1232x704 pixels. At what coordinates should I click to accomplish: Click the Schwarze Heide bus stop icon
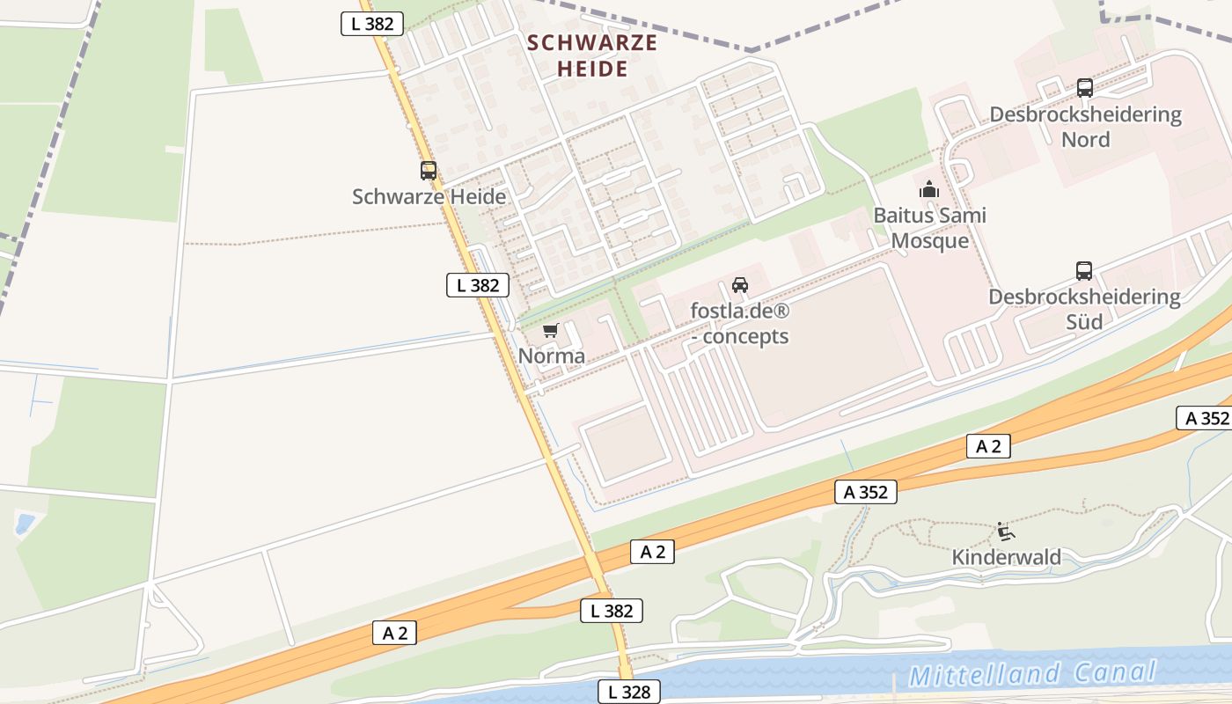pos(429,171)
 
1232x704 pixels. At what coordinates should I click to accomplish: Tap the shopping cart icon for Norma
pos(551,331)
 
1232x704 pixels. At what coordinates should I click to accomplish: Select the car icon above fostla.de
pos(740,285)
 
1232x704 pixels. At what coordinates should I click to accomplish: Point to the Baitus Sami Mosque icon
pos(928,189)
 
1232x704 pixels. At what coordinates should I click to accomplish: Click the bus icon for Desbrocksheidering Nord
pos(1085,88)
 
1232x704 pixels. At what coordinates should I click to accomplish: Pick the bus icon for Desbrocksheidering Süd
pos(1084,271)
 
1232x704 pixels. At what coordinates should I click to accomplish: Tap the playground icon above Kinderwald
pos(1005,532)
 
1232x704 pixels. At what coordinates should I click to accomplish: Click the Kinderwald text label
pos(1006,557)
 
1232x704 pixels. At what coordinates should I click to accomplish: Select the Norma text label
pos(552,356)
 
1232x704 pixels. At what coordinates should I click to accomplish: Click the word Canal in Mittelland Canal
pos(1115,673)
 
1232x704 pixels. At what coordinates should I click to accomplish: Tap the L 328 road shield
pos(629,692)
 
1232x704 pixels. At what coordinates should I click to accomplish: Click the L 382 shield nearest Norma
pos(478,285)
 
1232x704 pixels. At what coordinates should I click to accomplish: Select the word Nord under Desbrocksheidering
pos(1085,139)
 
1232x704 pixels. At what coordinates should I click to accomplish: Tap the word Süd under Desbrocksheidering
pos(1084,322)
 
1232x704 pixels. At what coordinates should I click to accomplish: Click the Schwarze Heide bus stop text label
pos(429,196)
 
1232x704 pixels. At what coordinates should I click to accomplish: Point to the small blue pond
pos(26,524)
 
